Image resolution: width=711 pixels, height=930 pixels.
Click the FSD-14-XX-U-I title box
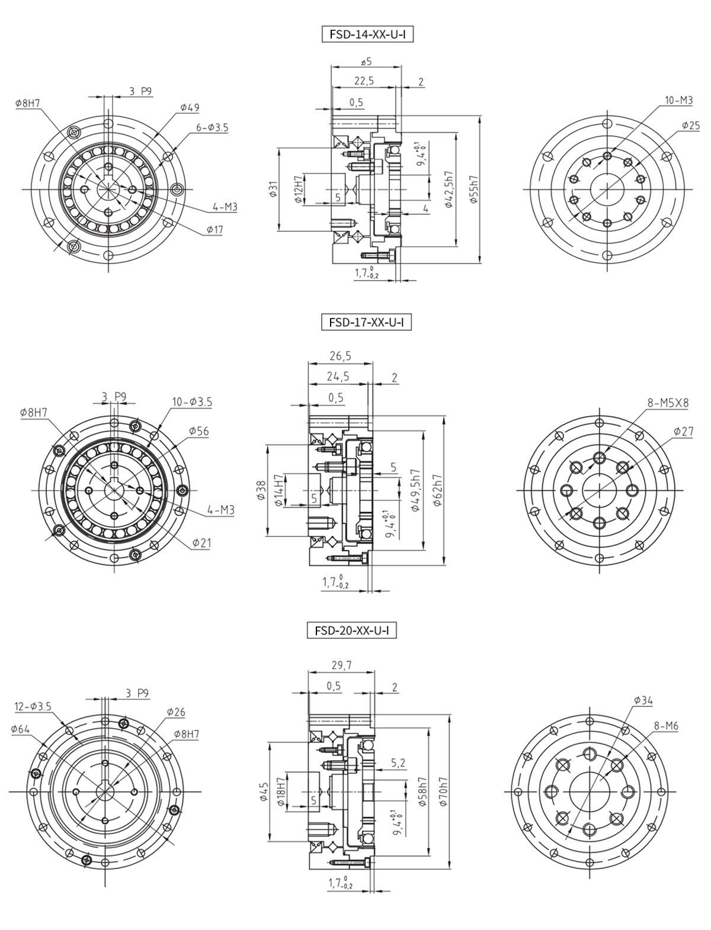pos(367,34)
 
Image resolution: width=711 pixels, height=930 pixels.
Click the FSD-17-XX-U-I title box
pos(366,323)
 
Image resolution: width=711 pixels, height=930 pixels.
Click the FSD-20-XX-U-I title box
pos(352,630)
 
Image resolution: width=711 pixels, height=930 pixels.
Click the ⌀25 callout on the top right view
pos(690,125)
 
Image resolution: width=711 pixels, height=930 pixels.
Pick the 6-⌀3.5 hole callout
pos(212,127)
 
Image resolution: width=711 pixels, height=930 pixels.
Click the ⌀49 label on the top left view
pos(190,108)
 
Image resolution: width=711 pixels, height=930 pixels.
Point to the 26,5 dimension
pos(340,356)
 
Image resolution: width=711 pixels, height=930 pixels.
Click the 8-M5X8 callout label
pos(668,403)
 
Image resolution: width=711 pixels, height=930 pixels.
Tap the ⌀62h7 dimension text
pos(437,490)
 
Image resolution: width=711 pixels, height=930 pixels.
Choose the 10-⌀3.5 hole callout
pos(192,402)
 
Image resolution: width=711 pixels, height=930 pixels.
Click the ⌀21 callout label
pos(201,542)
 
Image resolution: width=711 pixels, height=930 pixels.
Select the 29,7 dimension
pos(341,665)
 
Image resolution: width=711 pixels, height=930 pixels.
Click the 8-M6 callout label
pos(666,725)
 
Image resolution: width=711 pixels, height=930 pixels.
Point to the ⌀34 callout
pos(643,701)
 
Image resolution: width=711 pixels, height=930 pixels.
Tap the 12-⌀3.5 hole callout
pos(33,706)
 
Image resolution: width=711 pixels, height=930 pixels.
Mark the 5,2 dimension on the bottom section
pos(398,764)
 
